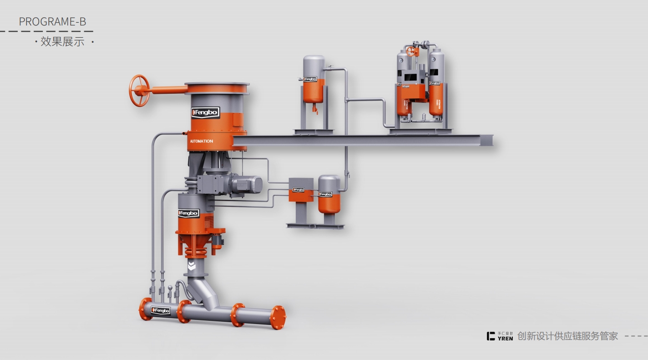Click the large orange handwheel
(x=140, y=91)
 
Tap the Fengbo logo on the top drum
(x=205, y=112)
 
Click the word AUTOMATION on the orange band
(x=201, y=141)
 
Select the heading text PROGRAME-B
(x=52, y=21)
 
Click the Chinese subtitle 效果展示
(x=62, y=42)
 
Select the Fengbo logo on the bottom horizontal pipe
(x=160, y=310)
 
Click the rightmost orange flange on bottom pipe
(x=278, y=317)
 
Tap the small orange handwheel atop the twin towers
(x=411, y=51)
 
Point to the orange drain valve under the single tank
(x=314, y=109)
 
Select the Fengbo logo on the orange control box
(x=298, y=189)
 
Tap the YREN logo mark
(x=491, y=336)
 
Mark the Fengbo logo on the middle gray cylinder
(x=188, y=213)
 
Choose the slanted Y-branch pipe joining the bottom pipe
(x=205, y=292)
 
